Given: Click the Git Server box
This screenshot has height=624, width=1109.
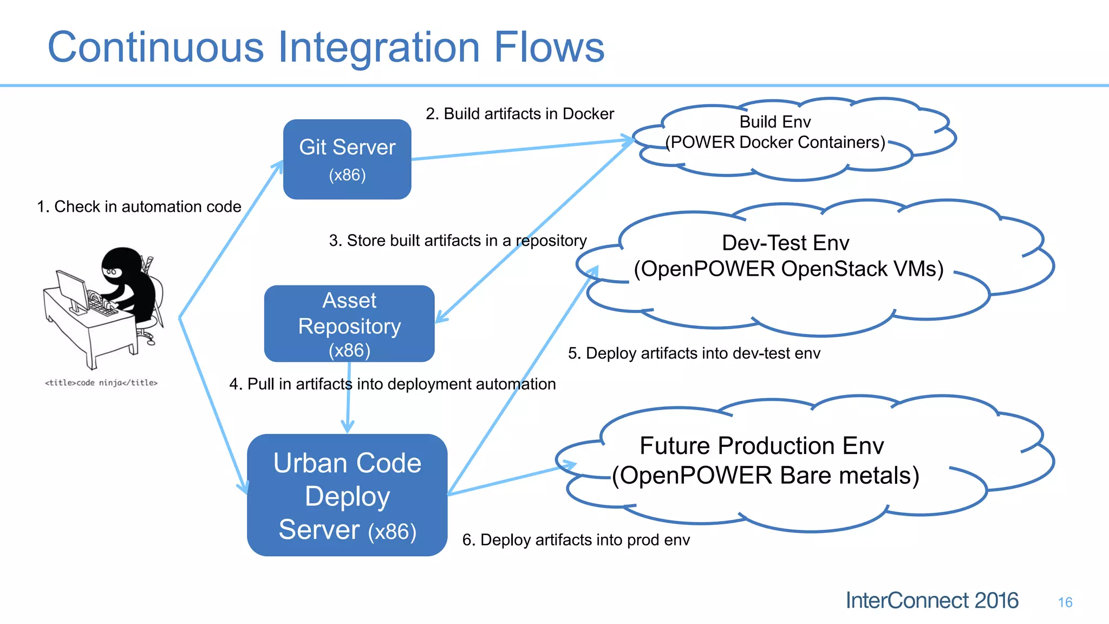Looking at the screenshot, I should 347,159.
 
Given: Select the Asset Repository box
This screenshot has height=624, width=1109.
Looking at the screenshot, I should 349,324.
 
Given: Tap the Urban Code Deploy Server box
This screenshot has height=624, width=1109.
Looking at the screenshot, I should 347,495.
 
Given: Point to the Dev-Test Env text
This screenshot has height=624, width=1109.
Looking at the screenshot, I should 786,243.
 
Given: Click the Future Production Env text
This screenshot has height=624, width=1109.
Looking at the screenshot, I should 761,446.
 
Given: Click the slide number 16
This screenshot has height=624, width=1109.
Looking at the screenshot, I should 1065,602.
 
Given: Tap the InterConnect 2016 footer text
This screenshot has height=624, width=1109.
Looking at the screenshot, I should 932,601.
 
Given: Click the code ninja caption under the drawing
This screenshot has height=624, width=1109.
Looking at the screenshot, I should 101,383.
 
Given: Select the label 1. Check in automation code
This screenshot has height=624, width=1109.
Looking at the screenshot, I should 139,206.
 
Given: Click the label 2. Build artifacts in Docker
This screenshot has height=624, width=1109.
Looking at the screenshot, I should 519,114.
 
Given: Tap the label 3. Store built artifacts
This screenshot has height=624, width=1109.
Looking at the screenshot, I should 458,240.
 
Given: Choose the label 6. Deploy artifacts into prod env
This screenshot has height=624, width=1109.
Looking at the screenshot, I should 576,540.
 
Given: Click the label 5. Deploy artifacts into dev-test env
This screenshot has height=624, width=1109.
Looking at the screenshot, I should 694,353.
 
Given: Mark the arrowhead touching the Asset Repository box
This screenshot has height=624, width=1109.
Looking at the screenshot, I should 441,317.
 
